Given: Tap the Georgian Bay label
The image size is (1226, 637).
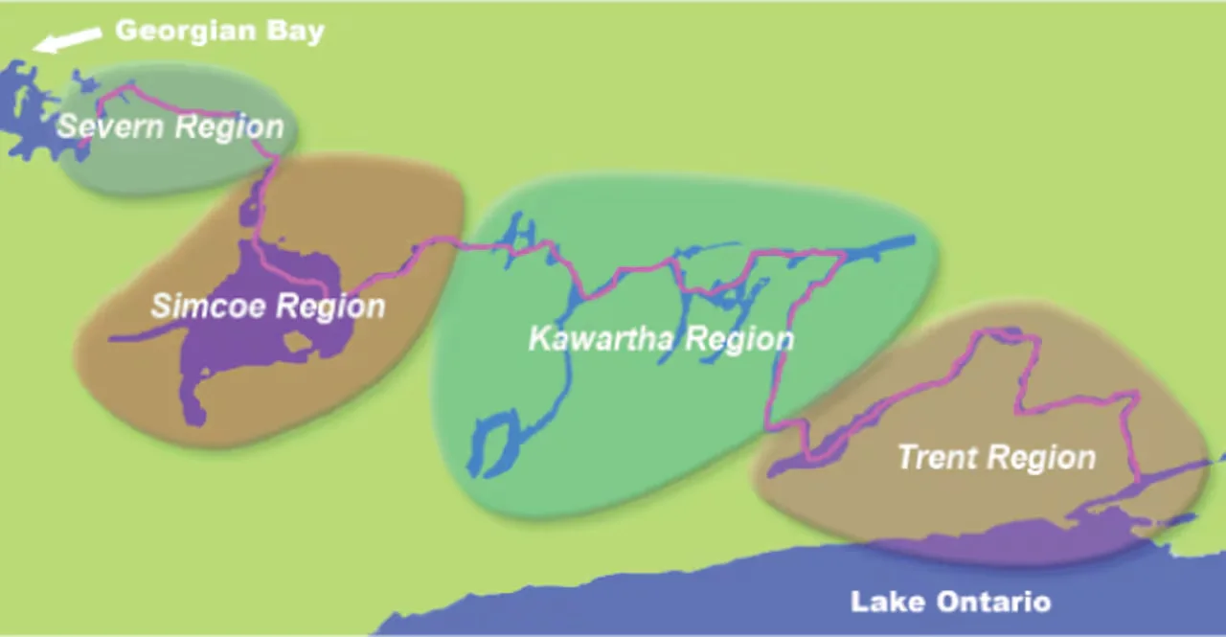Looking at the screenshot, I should click(219, 31).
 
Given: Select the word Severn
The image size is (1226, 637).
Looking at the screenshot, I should click(104, 125).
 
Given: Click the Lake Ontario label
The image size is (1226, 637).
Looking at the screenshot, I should click(950, 603).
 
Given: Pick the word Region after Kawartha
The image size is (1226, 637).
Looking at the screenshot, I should click(739, 339).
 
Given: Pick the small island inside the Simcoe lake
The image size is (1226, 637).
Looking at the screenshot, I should click(298, 341).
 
